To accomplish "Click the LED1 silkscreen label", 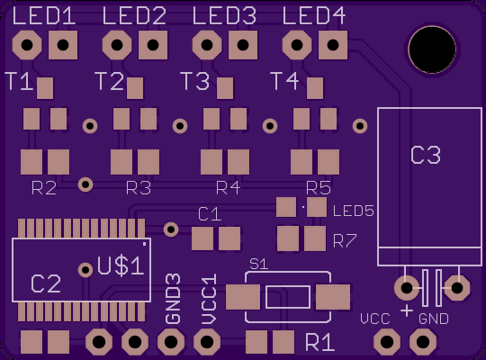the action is tap(44, 16).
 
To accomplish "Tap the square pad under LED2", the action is tap(153, 45).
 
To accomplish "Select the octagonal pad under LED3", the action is tap(207, 45).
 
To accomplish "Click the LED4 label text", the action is tap(314, 16).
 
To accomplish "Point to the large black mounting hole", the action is tap(432, 49).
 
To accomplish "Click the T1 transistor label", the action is tap(19, 81).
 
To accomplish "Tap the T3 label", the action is tap(195, 81).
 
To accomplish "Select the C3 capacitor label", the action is tap(426, 156).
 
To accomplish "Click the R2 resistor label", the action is tap(44, 188).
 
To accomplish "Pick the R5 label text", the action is tap(319, 188).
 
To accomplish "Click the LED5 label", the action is tap(354, 211).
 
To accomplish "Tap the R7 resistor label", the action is tap(345, 241).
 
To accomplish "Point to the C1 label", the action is tap(210, 214).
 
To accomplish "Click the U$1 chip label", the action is tap(121, 266).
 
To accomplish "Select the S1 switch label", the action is tap(259, 265).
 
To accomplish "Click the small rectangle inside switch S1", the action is tap(288, 297).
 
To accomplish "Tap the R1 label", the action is tap(319, 343).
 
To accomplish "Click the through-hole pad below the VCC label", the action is tap(387, 342).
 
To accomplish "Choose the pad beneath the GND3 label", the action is tap(171, 342).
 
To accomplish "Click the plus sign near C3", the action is tap(407, 310).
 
